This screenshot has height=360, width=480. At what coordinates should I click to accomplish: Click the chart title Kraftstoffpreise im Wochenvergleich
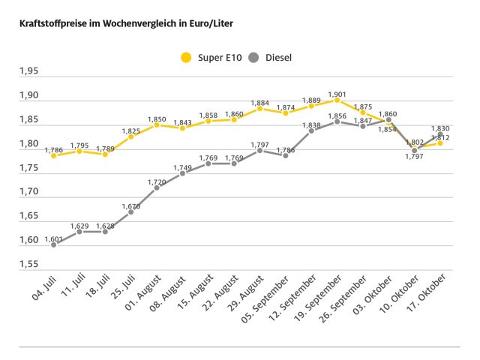[120, 23]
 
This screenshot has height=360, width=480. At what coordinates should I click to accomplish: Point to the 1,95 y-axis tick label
[29, 72]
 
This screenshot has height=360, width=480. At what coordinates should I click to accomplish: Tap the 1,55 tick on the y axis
[29, 265]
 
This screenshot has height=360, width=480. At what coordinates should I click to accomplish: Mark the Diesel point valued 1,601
[54, 244]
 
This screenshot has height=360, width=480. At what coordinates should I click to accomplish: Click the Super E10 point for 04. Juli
[54, 155]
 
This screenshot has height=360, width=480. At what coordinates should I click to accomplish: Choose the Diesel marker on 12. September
[311, 130]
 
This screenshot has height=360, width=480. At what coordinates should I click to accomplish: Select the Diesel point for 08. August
[182, 173]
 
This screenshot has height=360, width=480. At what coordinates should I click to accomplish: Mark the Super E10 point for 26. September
[363, 112]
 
